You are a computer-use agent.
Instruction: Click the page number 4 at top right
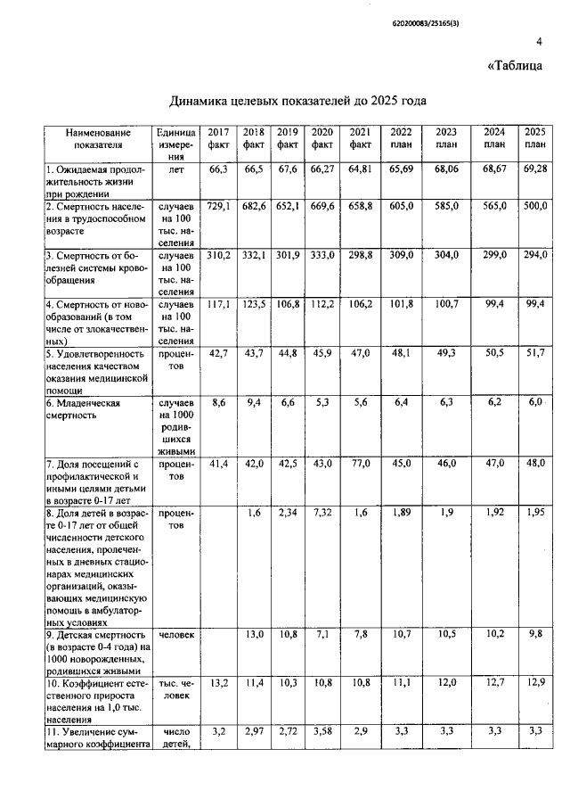point(539,41)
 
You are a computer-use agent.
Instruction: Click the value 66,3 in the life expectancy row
point(218,169)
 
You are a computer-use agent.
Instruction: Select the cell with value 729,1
point(218,206)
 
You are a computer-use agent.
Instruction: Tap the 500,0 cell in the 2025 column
point(534,206)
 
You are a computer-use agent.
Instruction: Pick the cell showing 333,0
point(322,256)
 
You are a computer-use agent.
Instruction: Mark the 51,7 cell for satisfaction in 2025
point(534,354)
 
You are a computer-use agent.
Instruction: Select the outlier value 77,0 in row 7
point(360,465)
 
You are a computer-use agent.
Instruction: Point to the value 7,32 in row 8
point(322,514)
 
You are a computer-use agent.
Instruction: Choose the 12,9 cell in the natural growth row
point(534,683)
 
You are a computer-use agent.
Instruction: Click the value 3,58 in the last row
point(322,731)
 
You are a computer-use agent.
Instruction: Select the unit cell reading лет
point(175,169)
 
